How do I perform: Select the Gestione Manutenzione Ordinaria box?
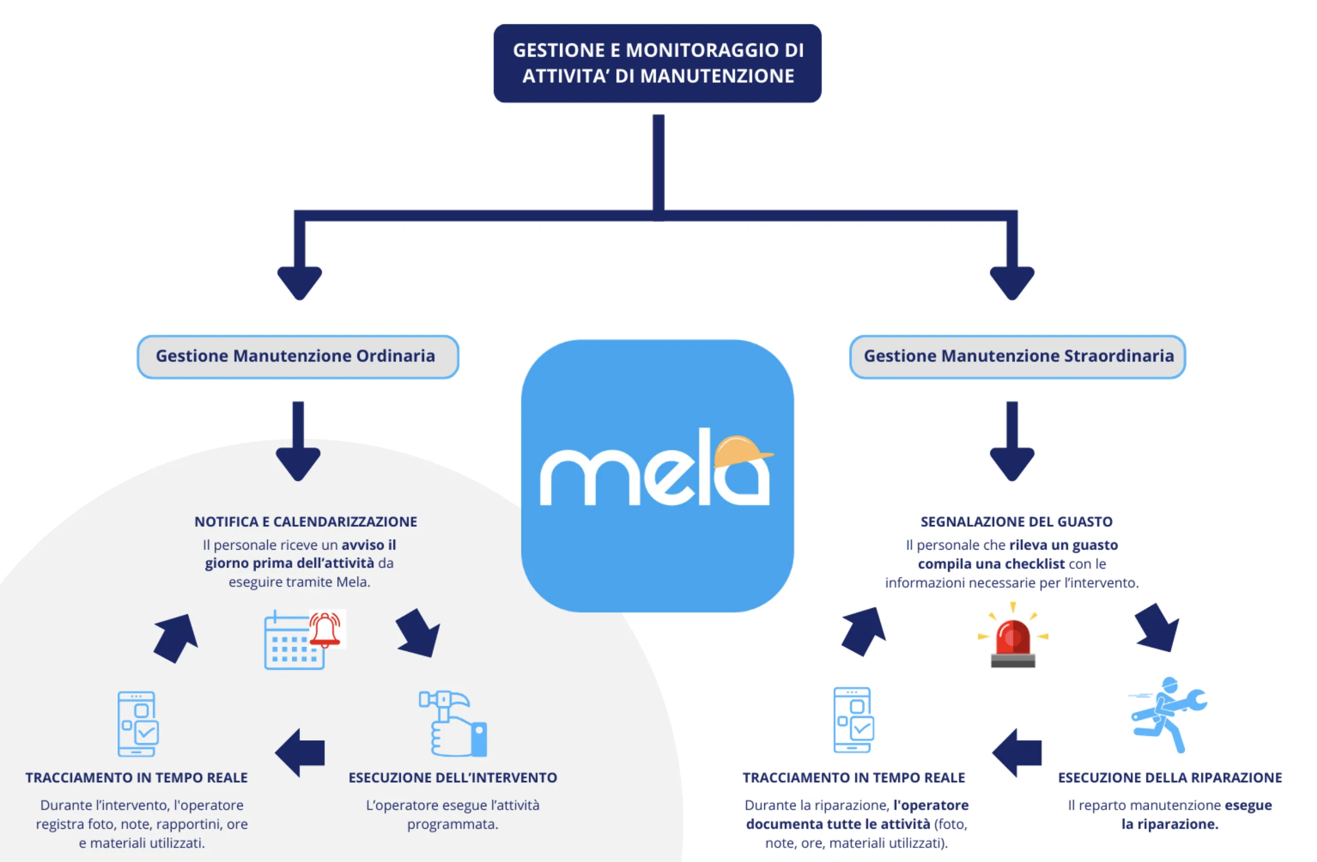point(297,356)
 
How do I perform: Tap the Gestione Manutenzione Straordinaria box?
point(1017,356)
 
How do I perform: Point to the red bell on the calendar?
point(325,630)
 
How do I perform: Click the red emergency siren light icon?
point(1013,642)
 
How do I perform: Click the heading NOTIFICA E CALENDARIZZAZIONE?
point(305,522)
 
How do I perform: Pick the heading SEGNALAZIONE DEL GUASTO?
point(1016,522)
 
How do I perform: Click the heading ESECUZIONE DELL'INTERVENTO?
point(453,777)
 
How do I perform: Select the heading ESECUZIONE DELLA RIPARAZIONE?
point(1170,777)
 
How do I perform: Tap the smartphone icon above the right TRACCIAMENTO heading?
point(853,720)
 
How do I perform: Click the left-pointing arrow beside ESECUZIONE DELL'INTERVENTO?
point(301,752)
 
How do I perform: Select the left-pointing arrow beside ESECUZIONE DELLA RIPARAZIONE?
point(1017,752)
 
